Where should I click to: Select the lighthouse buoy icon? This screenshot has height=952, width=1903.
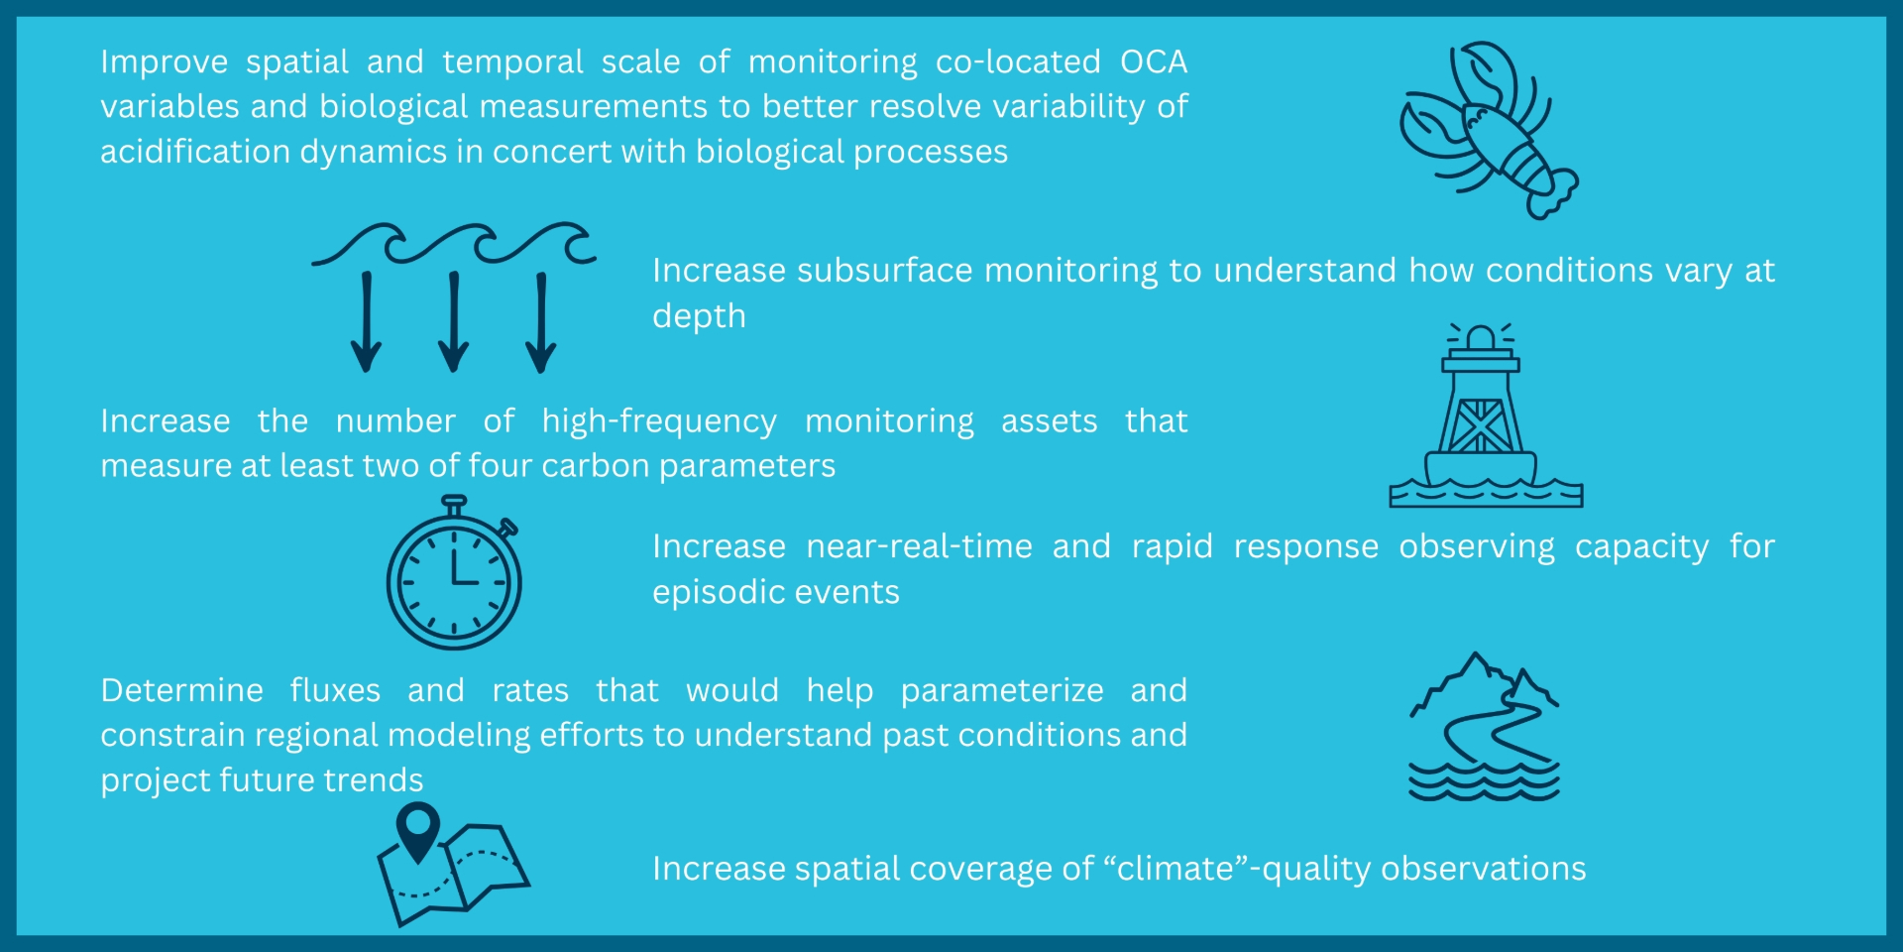pos(1486,416)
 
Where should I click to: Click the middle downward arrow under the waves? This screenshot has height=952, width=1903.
pos(454,322)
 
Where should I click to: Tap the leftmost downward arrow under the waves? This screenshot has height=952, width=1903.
pos(367,322)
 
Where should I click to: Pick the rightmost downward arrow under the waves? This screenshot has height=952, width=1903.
pos(541,322)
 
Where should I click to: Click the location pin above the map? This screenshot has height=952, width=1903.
pos(417,829)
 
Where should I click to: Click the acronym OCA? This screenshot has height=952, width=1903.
pos(1154,61)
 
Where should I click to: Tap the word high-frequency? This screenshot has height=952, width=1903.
pos(659,421)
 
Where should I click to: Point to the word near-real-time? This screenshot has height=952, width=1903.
pos(920,546)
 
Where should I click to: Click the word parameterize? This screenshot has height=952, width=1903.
pos(1002,690)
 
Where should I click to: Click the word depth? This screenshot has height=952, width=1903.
pos(699,316)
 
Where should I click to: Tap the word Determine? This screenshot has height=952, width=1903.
pos(181,690)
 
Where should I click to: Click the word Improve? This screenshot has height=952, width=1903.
pos(165,62)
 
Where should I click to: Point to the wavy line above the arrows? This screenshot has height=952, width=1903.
pos(454,243)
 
